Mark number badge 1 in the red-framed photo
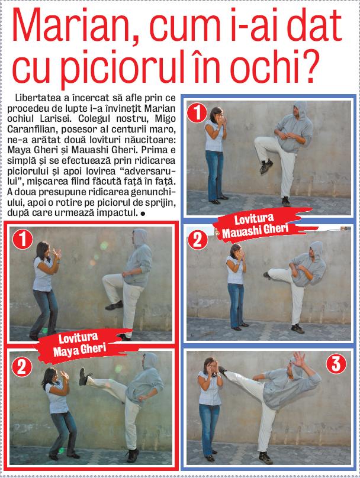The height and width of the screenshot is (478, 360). [22, 239]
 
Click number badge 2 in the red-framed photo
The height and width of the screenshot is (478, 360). [22, 367]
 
